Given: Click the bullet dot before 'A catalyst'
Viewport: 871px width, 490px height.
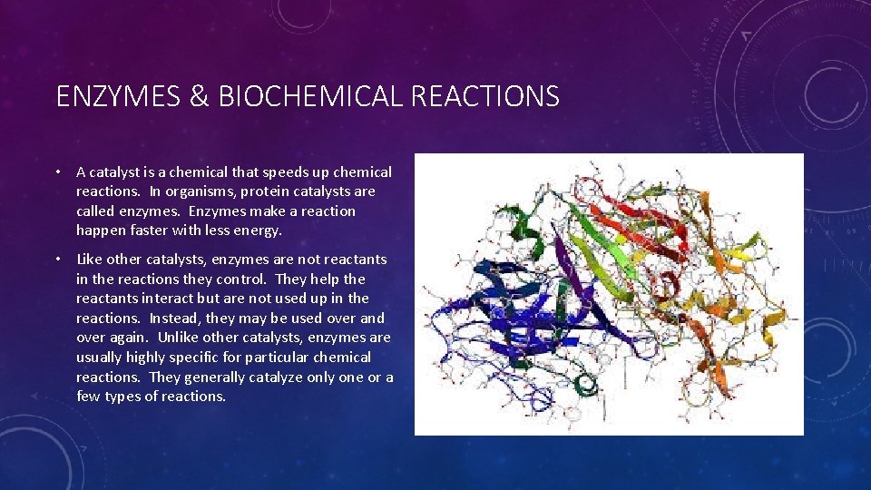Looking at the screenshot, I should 58,172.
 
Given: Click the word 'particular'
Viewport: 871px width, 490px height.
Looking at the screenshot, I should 278,358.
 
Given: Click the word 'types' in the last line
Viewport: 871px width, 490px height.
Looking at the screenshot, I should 123,397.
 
